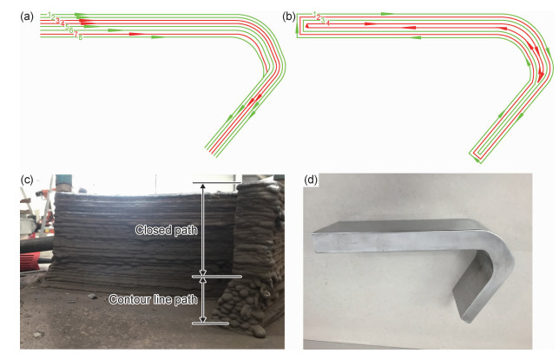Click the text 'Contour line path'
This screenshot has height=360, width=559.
[x=151, y=299]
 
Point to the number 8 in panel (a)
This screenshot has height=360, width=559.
[x=80, y=37]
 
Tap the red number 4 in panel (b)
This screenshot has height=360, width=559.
[x=327, y=23]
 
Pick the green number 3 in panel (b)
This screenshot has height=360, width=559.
[x=323, y=20]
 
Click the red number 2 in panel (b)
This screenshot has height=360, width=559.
[x=319, y=16]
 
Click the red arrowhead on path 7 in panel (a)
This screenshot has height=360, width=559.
[x=135, y=34]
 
